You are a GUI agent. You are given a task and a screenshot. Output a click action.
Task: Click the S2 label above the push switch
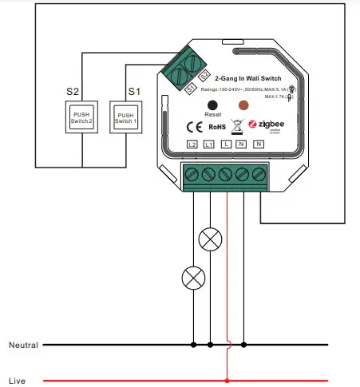73,92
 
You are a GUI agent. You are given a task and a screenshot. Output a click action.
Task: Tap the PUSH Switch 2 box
84,120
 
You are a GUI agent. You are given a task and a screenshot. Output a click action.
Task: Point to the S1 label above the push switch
135,92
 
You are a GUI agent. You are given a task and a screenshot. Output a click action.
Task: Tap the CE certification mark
193,125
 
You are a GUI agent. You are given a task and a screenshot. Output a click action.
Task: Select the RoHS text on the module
218,126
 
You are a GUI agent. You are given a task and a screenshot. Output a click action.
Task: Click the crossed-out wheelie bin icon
238,125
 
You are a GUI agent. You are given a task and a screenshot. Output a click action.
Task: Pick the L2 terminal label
192,144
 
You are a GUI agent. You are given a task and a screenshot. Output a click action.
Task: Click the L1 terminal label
209,144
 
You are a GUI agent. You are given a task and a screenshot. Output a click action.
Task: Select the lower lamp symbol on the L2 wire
192,277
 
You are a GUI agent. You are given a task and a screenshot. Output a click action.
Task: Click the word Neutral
23,345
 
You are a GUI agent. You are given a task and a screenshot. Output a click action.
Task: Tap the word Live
17,381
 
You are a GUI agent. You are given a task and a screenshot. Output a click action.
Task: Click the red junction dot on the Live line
227,381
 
